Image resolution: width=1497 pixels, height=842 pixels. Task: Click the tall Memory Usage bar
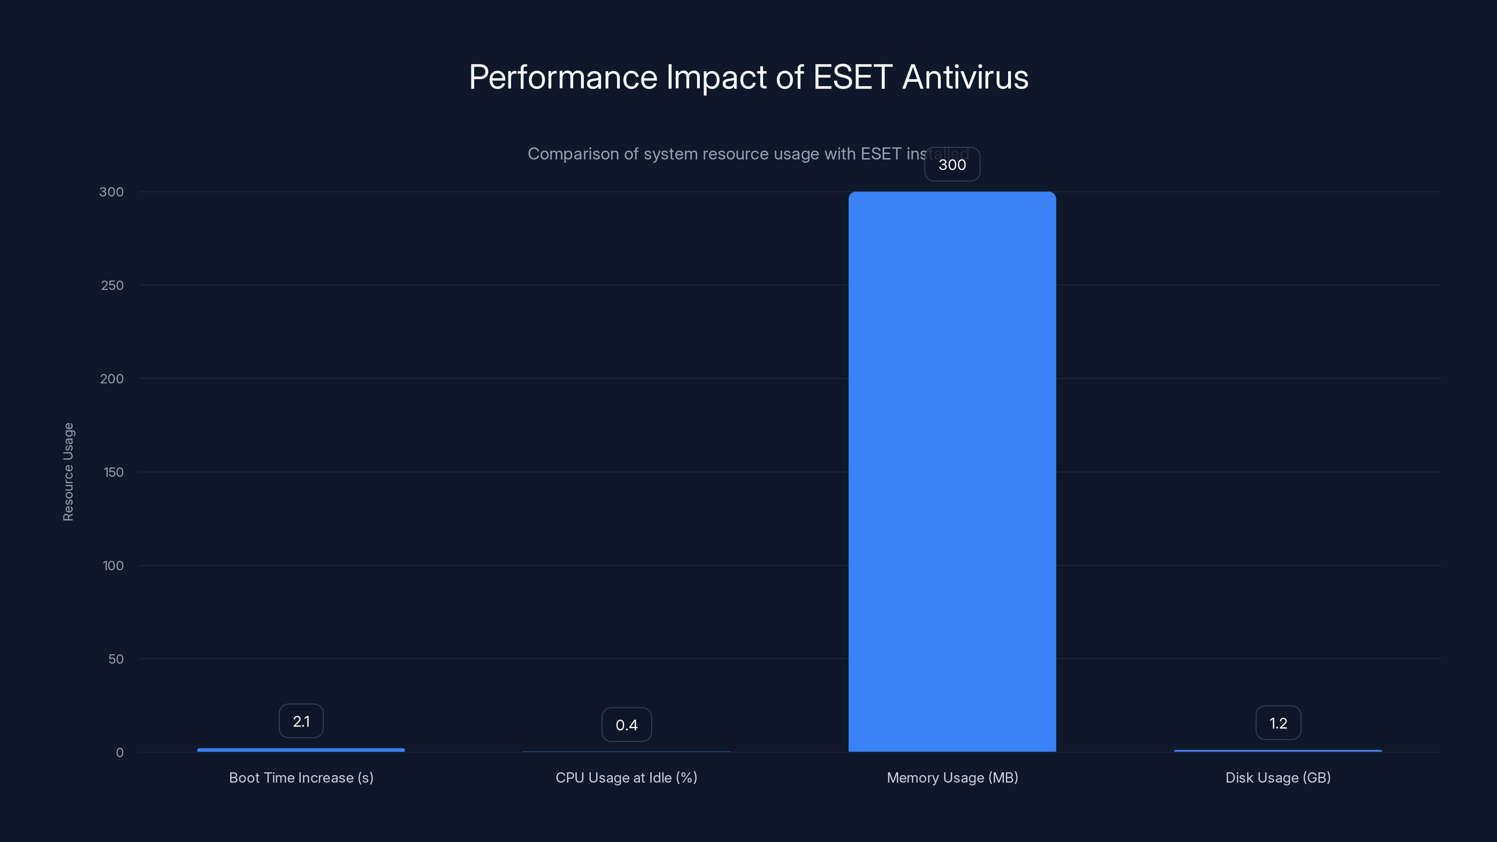tap(952, 471)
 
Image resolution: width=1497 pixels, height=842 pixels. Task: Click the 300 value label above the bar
tap(952, 165)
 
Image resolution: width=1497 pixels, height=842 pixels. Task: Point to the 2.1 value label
tap(301, 721)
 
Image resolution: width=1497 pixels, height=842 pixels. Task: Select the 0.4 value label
tap(626, 725)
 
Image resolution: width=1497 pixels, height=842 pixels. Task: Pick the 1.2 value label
tap(1278, 723)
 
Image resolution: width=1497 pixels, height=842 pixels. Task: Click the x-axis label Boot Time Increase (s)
tap(301, 777)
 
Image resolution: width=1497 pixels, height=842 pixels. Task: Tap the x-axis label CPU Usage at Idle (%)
tap(626, 777)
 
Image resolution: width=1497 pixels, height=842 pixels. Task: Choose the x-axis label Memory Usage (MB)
tap(952, 777)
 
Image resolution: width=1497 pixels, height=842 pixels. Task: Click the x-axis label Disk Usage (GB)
tap(1278, 777)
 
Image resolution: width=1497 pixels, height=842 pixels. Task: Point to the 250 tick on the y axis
tap(112, 285)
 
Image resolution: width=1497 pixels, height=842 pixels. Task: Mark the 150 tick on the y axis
tap(113, 472)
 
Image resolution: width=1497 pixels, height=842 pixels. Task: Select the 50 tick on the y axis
tap(116, 659)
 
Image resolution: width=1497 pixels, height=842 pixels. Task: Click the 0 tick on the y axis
tap(120, 753)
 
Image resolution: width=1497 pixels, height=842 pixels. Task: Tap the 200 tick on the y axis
tap(112, 379)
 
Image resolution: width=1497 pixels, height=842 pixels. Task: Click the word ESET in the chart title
tap(852, 77)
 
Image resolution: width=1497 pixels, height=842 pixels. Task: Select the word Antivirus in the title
tap(965, 77)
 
